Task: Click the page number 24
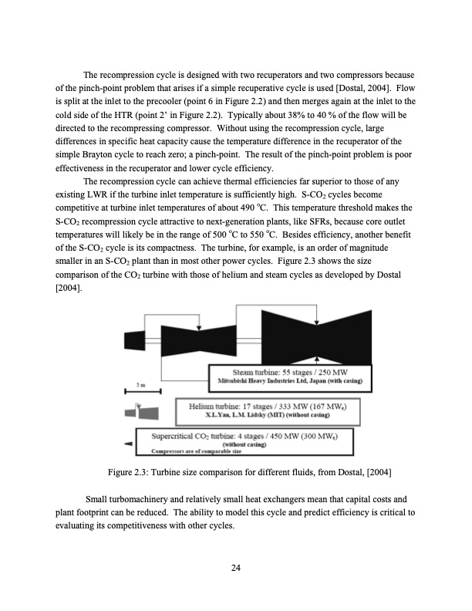coord(236,568)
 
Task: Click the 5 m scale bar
coord(137,387)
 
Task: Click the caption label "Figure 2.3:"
coord(133,471)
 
